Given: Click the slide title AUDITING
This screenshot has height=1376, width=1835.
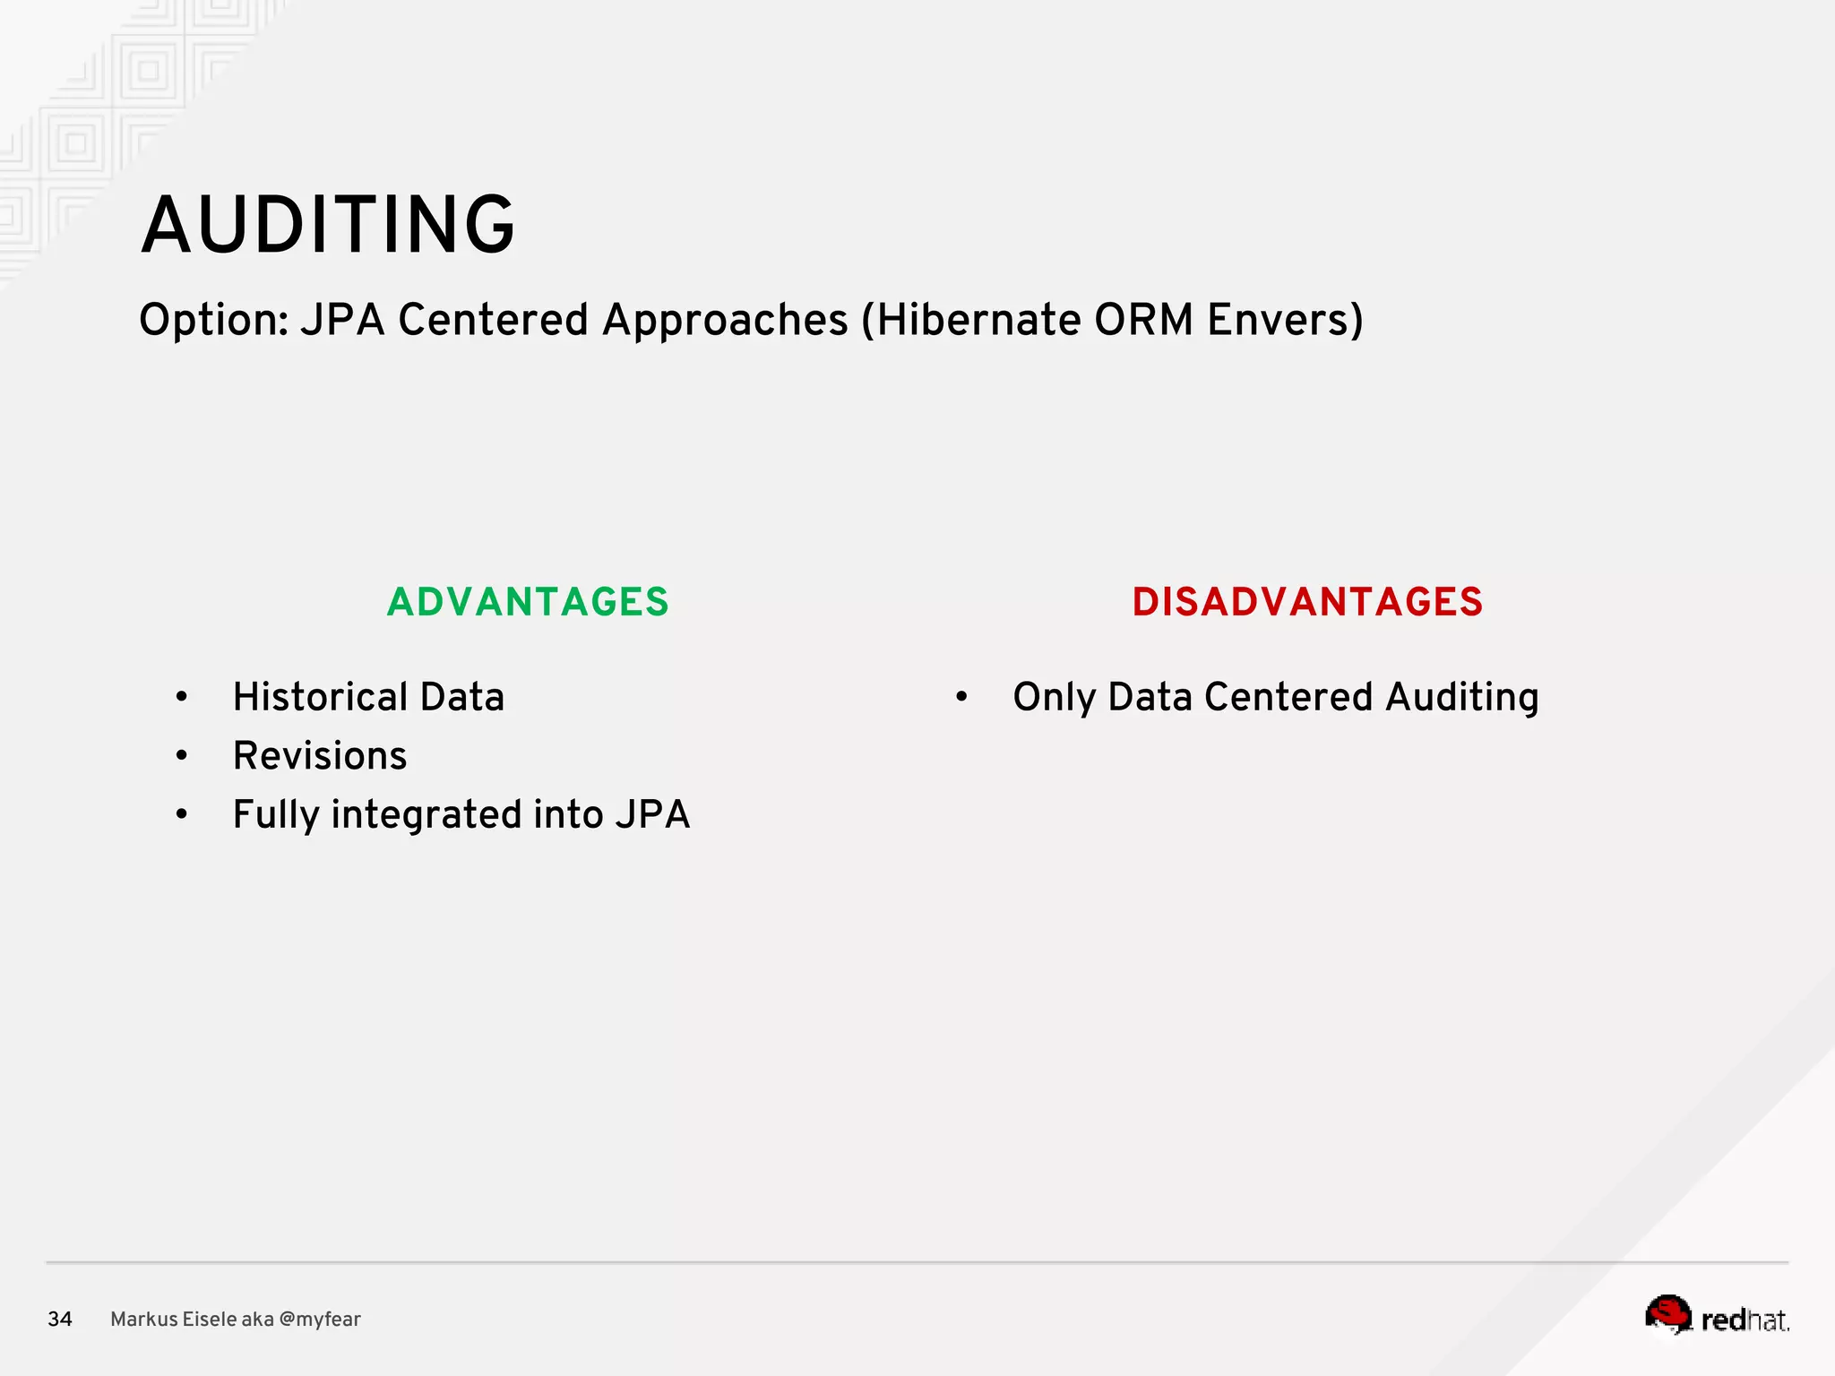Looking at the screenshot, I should (x=328, y=225).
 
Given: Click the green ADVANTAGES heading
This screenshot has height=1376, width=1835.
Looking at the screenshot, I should (x=528, y=602).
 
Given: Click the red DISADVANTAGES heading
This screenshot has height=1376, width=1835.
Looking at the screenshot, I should (x=1307, y=602).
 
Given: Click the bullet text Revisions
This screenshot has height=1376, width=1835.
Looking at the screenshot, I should (x=320, y=756).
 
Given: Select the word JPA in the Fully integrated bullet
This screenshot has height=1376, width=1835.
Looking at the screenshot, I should (x=652, y=815).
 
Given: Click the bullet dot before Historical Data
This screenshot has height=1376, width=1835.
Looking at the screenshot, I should (x=182, y=697).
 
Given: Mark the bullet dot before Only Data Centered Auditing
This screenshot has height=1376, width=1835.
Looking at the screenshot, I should (x=961, y=697).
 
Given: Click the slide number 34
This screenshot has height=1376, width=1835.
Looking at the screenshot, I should (x=60, y=1319).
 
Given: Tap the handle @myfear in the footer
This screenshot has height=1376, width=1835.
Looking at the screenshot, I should (x=320, y=1320).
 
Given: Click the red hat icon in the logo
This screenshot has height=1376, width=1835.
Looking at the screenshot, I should (x=1668, y=1313).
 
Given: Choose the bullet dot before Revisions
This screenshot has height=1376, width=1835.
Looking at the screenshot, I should (x=182, y=756).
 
